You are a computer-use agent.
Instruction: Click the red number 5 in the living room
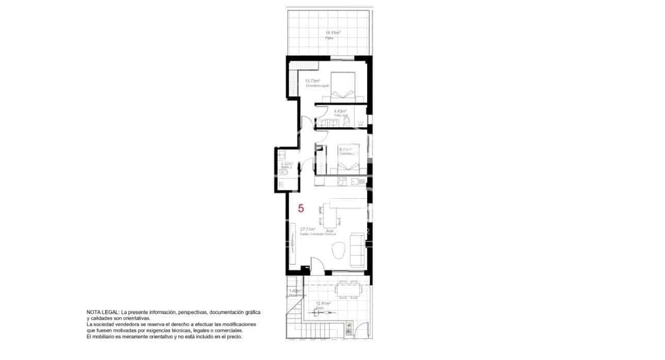[301, 209]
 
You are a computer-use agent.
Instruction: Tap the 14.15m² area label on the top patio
[332, 32]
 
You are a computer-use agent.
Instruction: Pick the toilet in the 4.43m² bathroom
[347, 121]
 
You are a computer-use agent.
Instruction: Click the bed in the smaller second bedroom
[348, 161]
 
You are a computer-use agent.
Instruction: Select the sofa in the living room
[357, 250]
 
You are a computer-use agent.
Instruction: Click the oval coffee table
[338, 251]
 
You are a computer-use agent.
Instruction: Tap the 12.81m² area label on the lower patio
[323, 303]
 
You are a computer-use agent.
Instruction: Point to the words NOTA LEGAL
[103, 313]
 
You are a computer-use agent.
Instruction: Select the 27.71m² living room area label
[308, 229]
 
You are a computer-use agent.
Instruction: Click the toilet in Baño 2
[282, 172]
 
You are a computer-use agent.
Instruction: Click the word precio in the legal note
[233, 337]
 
